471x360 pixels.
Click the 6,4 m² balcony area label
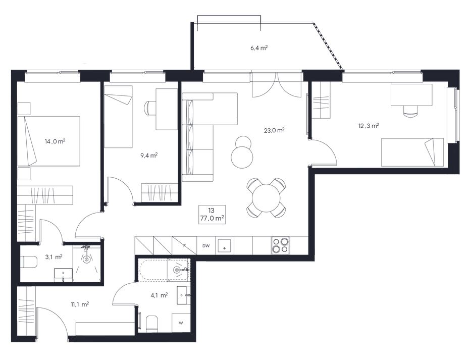(259, 48)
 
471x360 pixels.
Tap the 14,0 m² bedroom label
(55, 141)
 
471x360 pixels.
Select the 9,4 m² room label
(149, 156)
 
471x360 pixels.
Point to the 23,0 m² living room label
(274, 130)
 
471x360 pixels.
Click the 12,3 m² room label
(369, 126)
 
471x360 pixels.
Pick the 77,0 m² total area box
(213, 215)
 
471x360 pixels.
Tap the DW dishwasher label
(206, 246)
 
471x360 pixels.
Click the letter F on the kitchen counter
(185, 246)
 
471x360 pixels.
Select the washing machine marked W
(181, 323)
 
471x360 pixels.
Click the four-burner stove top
(280, 245)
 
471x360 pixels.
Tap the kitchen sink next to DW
(225, 246)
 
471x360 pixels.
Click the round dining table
(266, 198)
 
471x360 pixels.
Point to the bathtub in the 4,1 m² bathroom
(164, 270)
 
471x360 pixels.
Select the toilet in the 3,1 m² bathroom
(29, 261)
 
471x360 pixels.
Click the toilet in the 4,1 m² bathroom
(152, 324)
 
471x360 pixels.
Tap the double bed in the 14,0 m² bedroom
(49, 141)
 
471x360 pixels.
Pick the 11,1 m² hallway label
(80, 304)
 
